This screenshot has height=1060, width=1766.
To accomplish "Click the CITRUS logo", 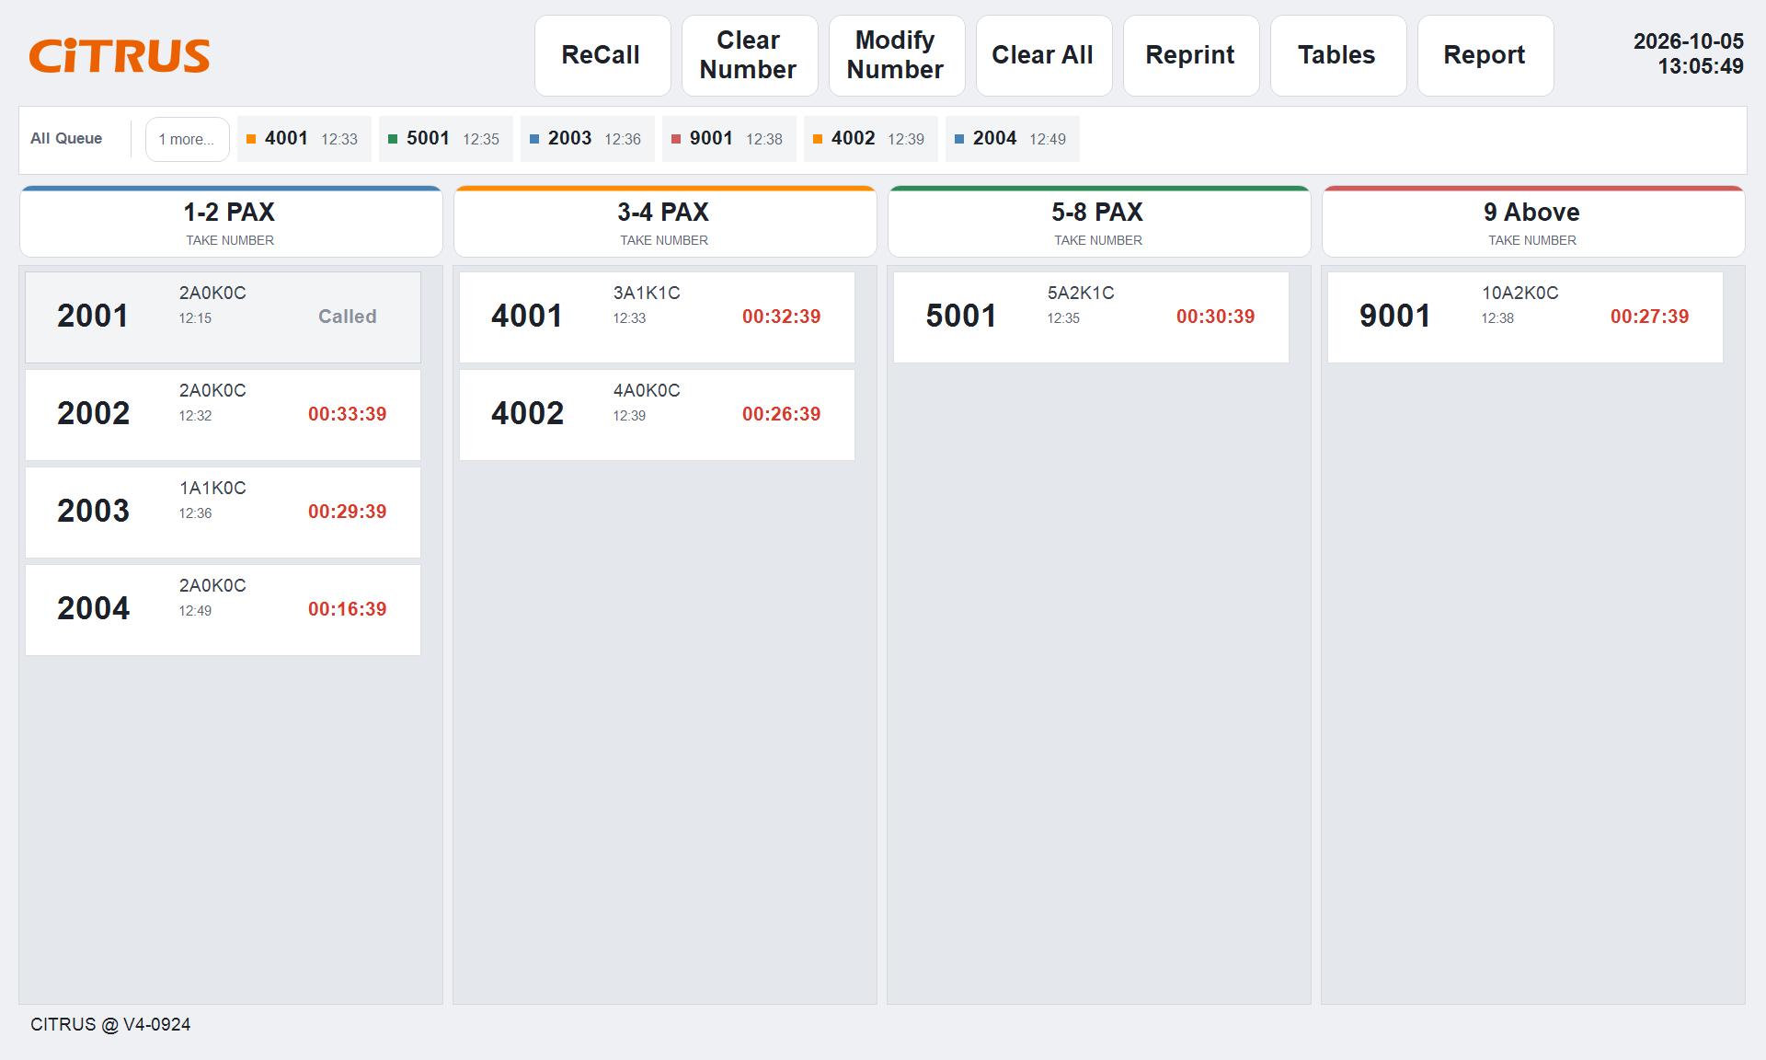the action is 120,56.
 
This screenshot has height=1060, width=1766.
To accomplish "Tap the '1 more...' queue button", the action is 188,139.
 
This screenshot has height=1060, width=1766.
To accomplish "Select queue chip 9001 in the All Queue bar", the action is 728,139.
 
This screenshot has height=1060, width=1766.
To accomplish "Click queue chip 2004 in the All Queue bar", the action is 1012,139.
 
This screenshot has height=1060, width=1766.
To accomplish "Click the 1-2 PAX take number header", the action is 231,222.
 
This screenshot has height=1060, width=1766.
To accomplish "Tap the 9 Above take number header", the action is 1533,222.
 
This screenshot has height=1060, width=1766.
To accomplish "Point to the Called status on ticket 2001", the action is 348,317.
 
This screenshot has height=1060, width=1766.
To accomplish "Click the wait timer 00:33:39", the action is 348,414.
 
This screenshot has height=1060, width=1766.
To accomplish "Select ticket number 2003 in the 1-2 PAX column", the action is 94,512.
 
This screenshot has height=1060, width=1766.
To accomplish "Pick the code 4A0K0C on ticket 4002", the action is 647,390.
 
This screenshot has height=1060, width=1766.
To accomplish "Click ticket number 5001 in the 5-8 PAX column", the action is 961,317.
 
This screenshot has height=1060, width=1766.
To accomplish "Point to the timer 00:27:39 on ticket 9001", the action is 1650,317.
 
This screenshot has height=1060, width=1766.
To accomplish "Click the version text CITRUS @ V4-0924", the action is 110,1024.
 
